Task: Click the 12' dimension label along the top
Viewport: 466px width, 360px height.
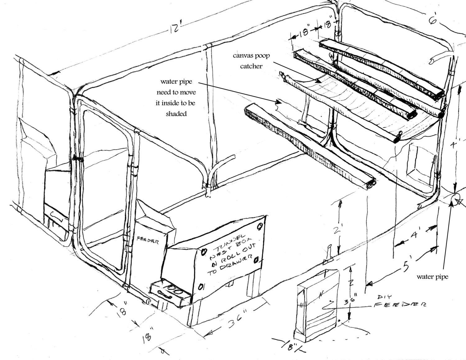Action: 175,29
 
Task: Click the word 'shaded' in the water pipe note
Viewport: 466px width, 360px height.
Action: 176,114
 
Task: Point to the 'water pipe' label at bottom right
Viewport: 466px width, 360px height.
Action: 432,276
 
